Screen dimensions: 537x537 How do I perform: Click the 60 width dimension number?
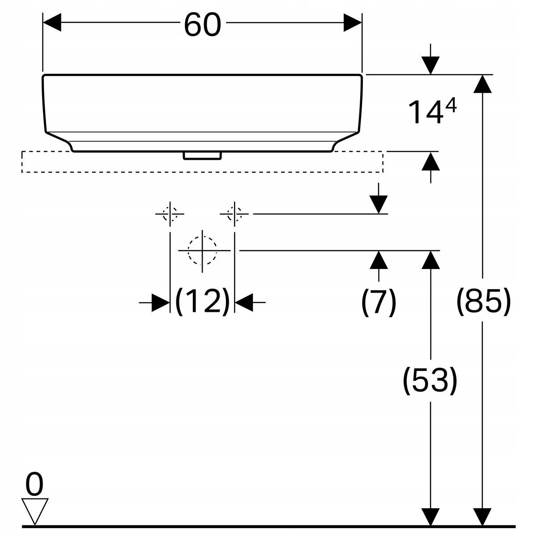(203, 25)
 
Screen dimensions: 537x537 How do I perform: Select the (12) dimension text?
(203, 302)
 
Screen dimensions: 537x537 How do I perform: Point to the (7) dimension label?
(379, 303)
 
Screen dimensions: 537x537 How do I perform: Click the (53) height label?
(430, 380)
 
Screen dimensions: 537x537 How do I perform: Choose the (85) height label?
(483, 302)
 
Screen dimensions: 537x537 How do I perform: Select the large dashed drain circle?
(202, 251)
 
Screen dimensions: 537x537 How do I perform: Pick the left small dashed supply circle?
(170, 214)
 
